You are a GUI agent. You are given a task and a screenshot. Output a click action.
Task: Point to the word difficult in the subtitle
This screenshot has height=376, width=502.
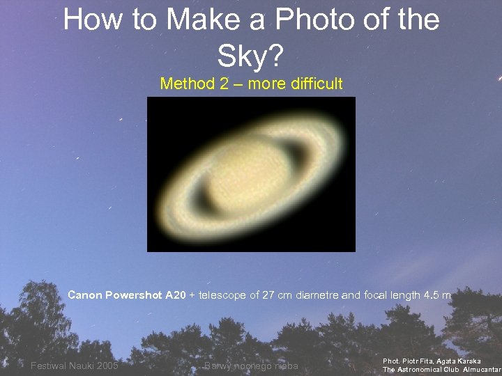[313, 84]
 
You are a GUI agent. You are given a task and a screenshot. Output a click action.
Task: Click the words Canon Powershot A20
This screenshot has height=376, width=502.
[126, 295]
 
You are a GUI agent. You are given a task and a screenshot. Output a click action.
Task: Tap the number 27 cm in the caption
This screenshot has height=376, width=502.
[273, 295]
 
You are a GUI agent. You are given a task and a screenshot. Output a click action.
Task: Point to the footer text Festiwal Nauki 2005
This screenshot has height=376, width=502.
[74, 366]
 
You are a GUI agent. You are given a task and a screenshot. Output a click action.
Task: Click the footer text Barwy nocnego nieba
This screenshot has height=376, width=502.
[251, 366]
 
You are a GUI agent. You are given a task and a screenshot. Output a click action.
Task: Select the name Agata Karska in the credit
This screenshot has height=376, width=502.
[460, 361]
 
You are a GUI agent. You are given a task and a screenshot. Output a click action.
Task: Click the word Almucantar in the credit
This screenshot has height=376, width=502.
[482, 370]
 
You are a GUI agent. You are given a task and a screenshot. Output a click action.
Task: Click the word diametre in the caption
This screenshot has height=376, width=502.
[317, 295]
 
